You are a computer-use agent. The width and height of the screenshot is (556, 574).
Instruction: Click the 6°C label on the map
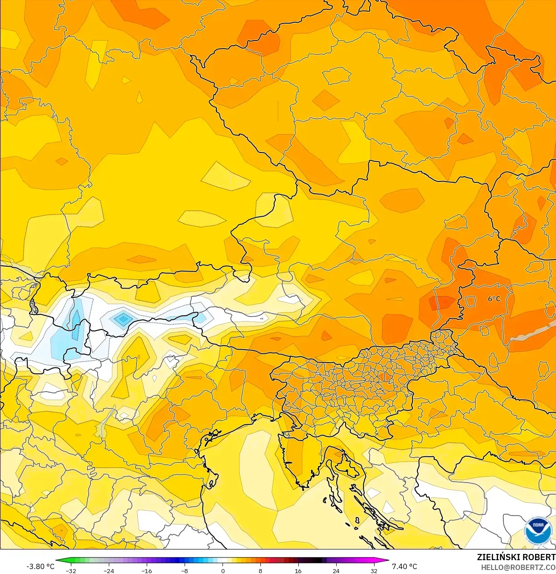point(494,299)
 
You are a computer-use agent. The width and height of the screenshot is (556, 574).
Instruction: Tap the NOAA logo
point(538,531)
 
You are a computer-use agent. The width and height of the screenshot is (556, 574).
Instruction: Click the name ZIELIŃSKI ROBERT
point(516,557)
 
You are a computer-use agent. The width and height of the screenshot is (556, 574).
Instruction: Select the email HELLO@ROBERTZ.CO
point(518,568)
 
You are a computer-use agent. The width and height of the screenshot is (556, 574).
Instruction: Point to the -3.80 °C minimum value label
point(40,566)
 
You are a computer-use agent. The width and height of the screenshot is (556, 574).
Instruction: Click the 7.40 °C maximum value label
point(404,566)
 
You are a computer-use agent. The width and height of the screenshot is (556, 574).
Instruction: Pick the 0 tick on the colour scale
point(222,571)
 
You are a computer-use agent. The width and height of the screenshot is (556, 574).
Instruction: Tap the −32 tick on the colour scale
point(71,571)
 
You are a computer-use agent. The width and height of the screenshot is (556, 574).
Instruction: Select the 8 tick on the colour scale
point(260,571)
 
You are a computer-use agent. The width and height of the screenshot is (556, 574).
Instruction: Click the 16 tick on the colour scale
point(298,571)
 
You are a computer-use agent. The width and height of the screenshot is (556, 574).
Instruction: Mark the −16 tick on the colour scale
point(147,571)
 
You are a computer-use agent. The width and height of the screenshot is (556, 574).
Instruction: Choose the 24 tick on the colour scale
point(336,571)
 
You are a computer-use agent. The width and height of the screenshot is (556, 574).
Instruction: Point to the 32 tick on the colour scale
point(374,571)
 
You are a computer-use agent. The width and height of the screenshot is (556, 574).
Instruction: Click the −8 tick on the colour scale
point(185,571)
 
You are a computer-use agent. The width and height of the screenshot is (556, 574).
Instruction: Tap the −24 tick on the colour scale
point(109,571)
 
